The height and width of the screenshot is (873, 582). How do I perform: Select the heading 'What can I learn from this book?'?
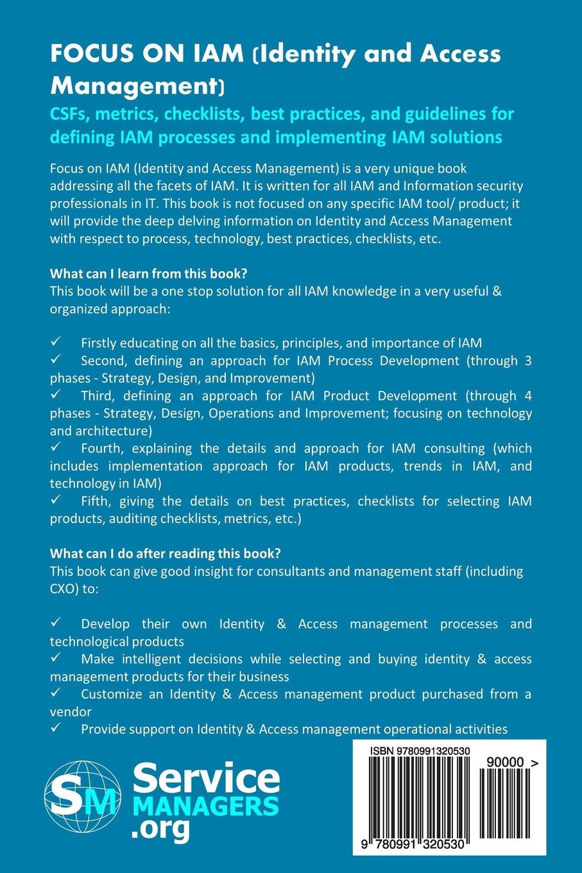(148, 273)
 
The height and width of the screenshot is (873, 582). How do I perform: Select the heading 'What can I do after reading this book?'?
(165, 553)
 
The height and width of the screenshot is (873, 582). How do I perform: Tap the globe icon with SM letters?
(83, 797)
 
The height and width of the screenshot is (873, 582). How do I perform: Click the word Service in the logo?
(206, 777)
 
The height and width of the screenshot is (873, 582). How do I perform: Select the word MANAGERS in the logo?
(205, 806)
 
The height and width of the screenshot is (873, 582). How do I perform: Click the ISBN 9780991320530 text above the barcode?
(420, 751)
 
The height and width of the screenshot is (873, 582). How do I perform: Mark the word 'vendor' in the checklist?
(71, 711)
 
